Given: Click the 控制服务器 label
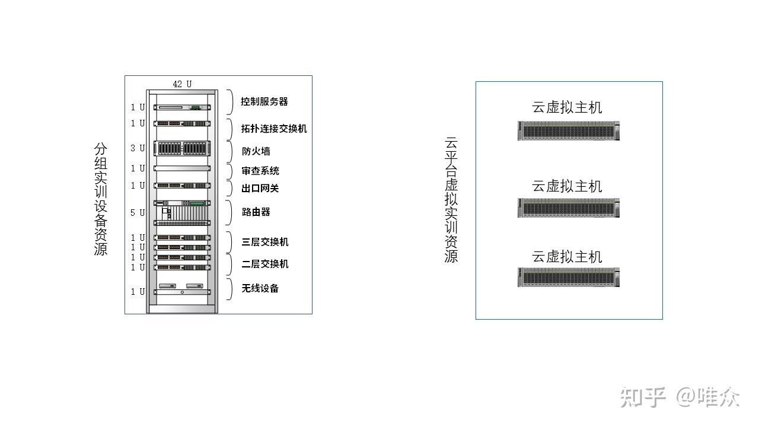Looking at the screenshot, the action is coord(264,101).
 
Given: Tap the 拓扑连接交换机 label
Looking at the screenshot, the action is coord(274,129).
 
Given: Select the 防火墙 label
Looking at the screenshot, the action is coord(256,151).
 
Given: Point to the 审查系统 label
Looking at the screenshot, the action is coord(260,171).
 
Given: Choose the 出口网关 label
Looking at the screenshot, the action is coord(260,189).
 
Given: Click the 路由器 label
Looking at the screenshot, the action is coord(256,212).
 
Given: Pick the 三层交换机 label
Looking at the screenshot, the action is coord(265,242).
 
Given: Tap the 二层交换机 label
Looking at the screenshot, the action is coord(265,264).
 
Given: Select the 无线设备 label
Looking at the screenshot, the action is coord(260,289).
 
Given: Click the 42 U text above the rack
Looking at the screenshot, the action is coord(182,84).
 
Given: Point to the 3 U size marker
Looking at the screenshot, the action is coord(138,148).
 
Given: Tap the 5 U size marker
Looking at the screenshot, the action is coord(138,212).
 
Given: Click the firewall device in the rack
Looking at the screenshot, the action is coord(182,148).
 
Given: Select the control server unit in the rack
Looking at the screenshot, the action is coord(182,107).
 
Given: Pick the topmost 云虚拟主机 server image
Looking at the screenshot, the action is coord(569,130).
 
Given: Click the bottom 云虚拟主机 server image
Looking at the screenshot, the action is coord(569,277).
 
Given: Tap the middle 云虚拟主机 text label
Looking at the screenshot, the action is coord(567,186).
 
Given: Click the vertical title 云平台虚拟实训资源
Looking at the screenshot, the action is coord(451,200).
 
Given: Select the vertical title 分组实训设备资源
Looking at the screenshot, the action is coord(101,199).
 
